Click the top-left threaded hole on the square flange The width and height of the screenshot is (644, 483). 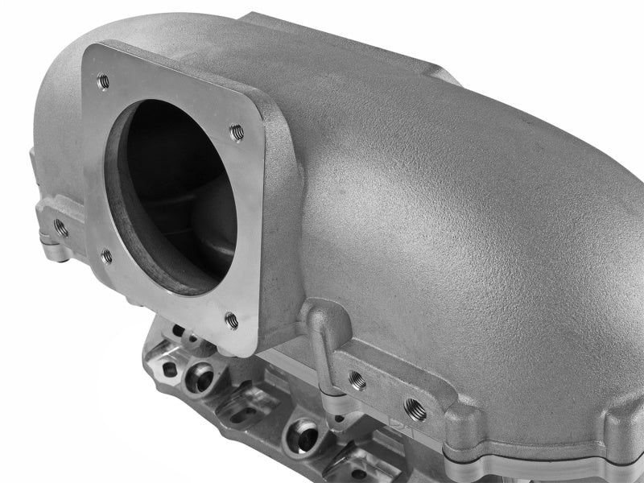point(102,80)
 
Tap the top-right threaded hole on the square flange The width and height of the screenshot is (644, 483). point(237,131)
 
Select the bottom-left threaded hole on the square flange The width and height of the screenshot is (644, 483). point(107,257)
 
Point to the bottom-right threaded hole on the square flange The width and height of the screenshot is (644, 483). point(232,320)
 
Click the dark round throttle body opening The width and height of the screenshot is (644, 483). point(173,193)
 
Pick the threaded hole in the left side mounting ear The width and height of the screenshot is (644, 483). point(61,227)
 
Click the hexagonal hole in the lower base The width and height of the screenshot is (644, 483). point(169,369)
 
